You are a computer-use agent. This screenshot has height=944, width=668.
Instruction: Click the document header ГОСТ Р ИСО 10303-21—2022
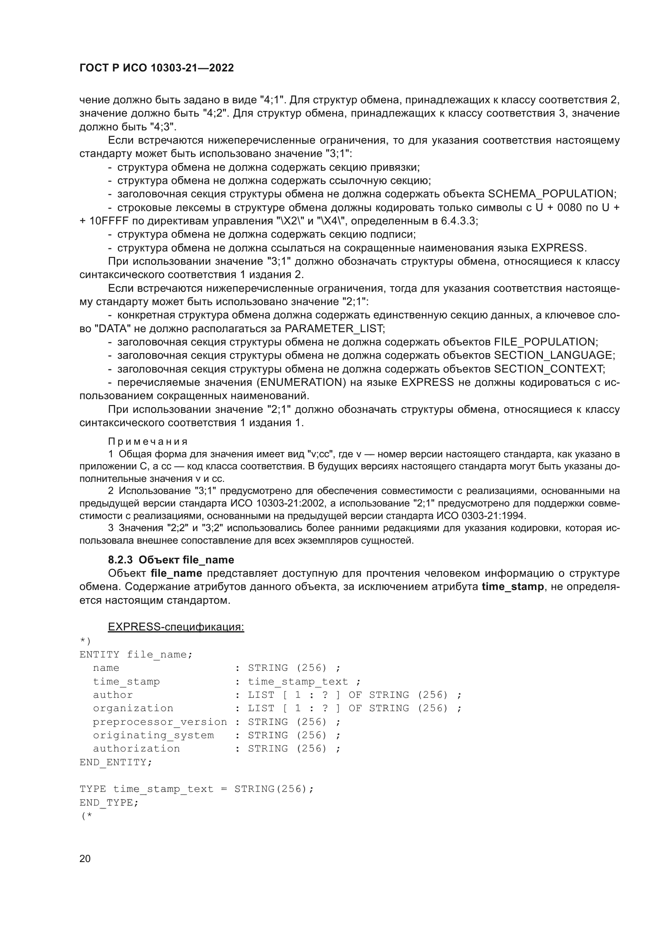(x=156, y=68)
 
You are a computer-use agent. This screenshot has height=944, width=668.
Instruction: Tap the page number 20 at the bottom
(x=85, y=858)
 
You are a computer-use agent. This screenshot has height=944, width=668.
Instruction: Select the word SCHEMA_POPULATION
(x=551, y=194)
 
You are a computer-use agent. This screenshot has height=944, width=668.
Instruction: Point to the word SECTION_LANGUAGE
(x=554, y=355)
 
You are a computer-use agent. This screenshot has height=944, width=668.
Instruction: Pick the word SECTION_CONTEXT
(x=549, y=368)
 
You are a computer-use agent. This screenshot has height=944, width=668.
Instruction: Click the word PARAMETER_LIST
(x=334, y=329)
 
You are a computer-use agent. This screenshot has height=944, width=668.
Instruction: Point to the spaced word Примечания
(x=148, y=442)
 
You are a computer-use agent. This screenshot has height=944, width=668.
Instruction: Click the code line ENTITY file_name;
(x=136, y=654)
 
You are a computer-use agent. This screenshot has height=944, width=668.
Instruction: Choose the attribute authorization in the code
(x=136, y=748)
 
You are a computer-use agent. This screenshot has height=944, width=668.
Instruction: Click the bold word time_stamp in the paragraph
(x=512, y=586)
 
